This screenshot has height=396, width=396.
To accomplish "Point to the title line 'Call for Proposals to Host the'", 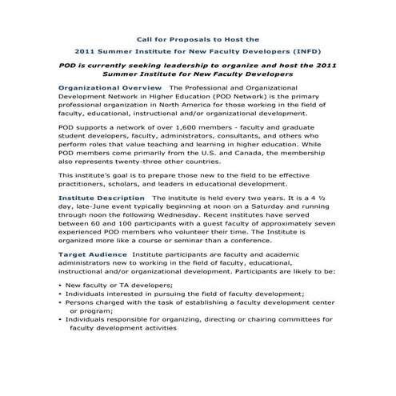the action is [x=197, y=38].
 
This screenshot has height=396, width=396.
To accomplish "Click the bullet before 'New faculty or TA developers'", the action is [x=61, y=286].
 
